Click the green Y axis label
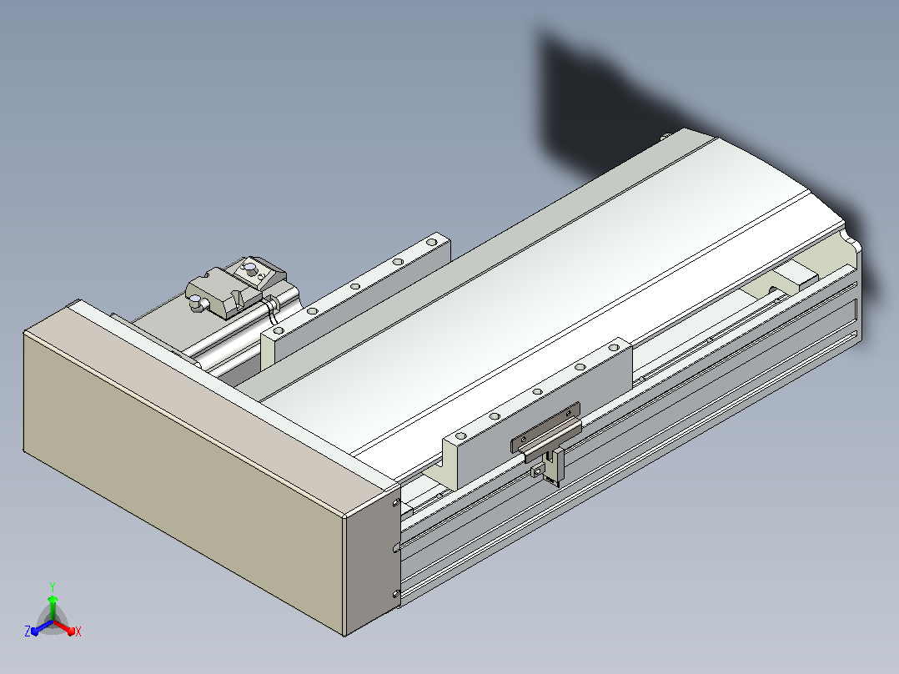pos(53,586)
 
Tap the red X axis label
pos(78,631)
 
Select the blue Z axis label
pos(28,631)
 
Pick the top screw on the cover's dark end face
pos(396,502)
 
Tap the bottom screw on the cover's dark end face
pos(396,594)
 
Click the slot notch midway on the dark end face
pos(396,547)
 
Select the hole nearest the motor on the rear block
pos(279,331)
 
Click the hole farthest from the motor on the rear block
pos(431,242)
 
